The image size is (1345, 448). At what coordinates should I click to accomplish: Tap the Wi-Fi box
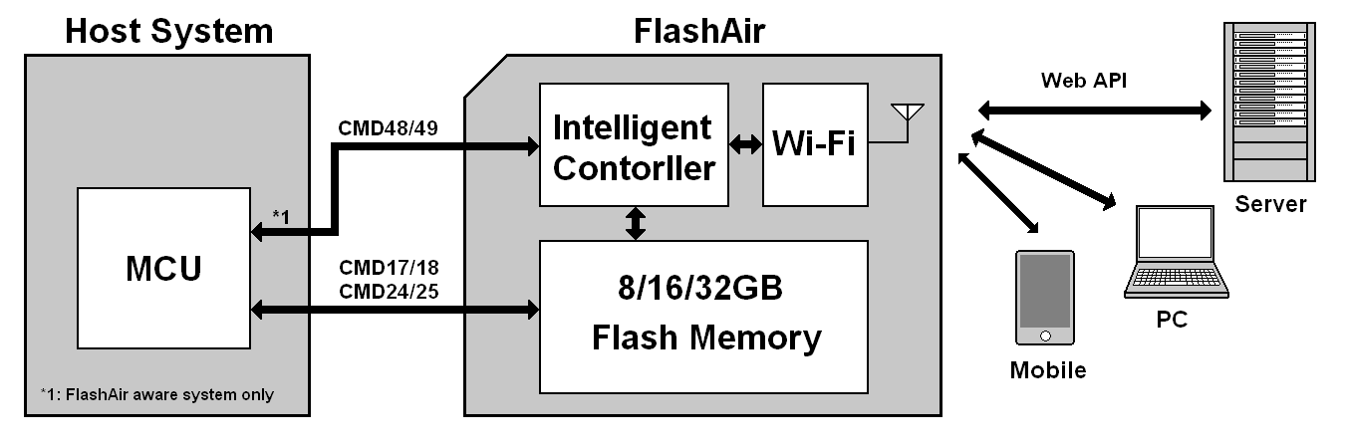tap(815, 145)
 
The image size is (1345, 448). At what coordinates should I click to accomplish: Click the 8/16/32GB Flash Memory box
tap(703, 316)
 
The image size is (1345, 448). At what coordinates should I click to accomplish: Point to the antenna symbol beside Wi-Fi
tap(909, 114)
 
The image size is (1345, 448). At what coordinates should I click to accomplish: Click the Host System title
tap(168, 31)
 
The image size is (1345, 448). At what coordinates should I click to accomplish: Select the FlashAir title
tap(699, 31)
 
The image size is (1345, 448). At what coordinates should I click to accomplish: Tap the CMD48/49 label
tap(383, 128)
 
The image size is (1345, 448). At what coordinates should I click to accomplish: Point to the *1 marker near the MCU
tap(283, 216)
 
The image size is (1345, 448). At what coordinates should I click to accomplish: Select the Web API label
tap(1084, 80)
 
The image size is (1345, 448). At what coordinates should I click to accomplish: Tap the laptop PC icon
tap(1176, 254)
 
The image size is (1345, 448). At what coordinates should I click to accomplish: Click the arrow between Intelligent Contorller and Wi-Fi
tap(744, 145)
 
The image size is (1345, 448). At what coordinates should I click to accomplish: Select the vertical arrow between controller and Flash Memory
tap(635, 223)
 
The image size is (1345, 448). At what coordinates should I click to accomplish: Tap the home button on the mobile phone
tap(1044, 335)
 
